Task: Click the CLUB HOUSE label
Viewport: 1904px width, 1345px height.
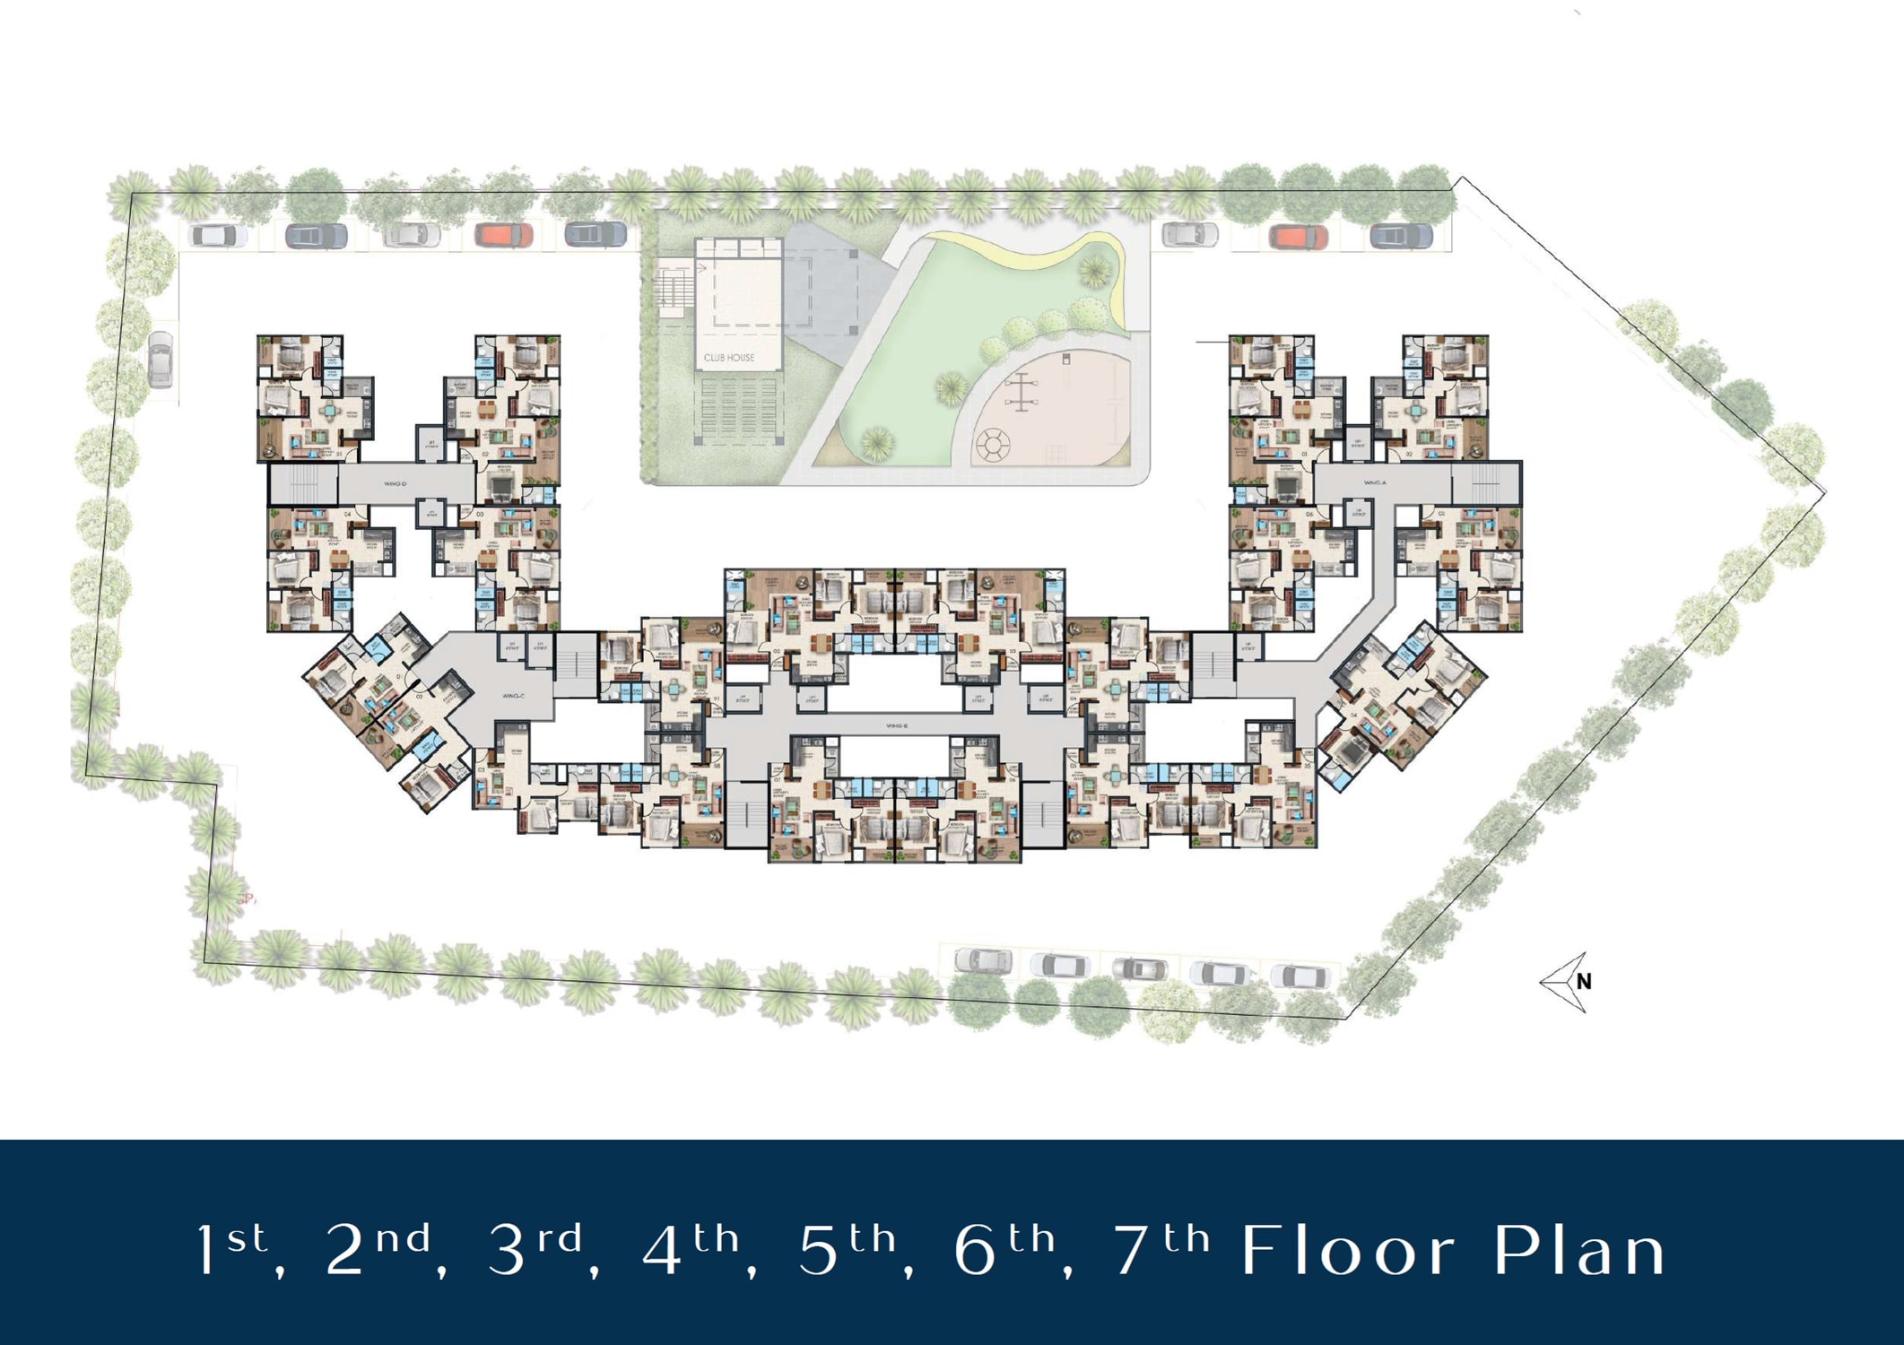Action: click(x=728, y=358)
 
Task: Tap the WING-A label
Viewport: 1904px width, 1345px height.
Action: click(x=1375, y=483)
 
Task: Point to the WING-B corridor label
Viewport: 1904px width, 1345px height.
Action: click(x=896, y=725)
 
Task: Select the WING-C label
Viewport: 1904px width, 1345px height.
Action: click(x=513, y=696)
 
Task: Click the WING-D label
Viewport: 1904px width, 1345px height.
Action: click(x=395, y=484)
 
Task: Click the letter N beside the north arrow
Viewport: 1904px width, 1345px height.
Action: click(x=1585, y=982)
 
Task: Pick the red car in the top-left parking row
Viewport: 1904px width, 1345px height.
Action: click(x=504, y=236)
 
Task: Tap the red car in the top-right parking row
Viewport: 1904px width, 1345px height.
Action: click(x=1299, y=238)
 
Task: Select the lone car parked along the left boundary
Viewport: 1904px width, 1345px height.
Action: click(x=161, y=359)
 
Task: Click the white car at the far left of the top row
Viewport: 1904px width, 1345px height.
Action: click(x=219, y=236)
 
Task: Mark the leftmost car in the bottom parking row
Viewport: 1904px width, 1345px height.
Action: click(x=984, y=961)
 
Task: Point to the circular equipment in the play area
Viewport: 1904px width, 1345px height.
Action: click(x=993, y=444)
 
